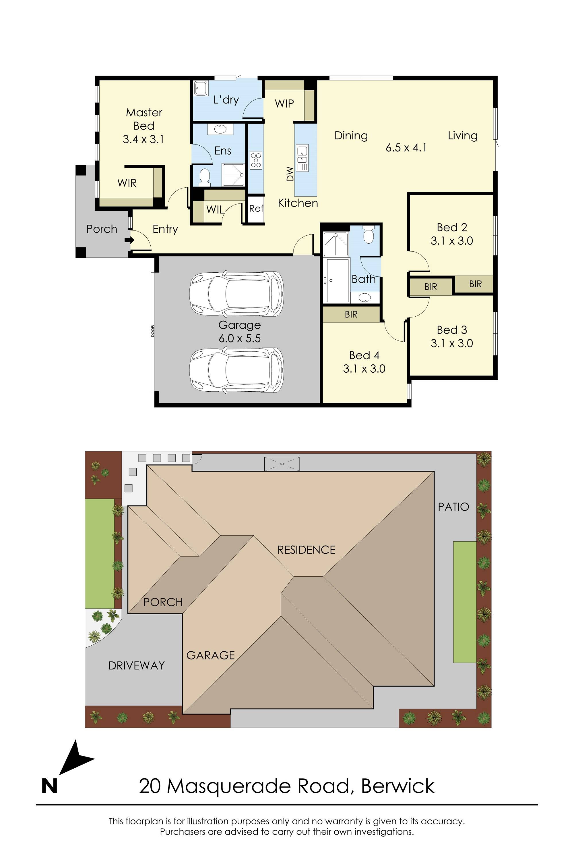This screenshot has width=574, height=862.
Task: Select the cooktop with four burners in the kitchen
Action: [256, 160]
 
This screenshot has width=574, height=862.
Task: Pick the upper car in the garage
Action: [236, 293]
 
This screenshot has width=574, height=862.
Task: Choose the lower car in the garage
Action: [236, 370]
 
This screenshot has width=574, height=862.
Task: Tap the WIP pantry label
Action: [284, 104]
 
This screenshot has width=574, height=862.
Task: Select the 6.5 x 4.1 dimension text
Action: [406, 148]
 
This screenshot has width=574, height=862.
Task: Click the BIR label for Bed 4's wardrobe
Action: [351, 314]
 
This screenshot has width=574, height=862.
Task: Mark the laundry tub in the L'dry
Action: [201, 88]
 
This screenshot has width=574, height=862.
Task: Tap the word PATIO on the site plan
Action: [453, 507]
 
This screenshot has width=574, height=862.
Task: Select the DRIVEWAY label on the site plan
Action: [137, 665]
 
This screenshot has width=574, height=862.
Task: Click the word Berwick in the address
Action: [398, 786]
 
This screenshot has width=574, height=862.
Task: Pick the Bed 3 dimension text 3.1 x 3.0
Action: [452, 343]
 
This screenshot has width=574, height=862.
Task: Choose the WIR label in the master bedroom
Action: [127, 183]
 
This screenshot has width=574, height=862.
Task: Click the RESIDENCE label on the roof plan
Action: [307, 550]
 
